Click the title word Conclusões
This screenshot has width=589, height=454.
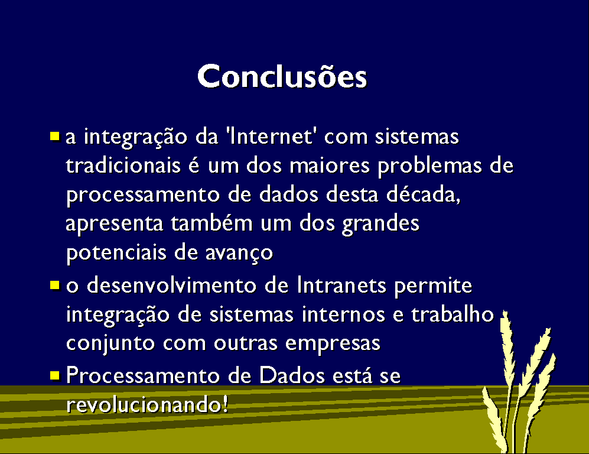(282, 76)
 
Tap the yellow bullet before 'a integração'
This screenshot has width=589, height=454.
(55, 136)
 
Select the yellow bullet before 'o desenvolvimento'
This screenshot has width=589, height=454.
(55, 286)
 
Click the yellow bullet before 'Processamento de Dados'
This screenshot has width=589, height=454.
(55, 375)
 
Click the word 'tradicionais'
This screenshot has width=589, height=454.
(123, 166)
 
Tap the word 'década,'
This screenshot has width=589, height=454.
(424, 194)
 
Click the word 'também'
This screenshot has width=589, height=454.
(212, 223)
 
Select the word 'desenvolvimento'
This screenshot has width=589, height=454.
(172, 286)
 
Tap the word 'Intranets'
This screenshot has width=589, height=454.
(341, 286)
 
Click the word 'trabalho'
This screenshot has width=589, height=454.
(453, 314)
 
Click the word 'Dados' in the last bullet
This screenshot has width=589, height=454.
(292, 375)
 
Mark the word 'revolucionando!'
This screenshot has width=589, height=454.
(147, 404)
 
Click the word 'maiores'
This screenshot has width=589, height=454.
(330, 166)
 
